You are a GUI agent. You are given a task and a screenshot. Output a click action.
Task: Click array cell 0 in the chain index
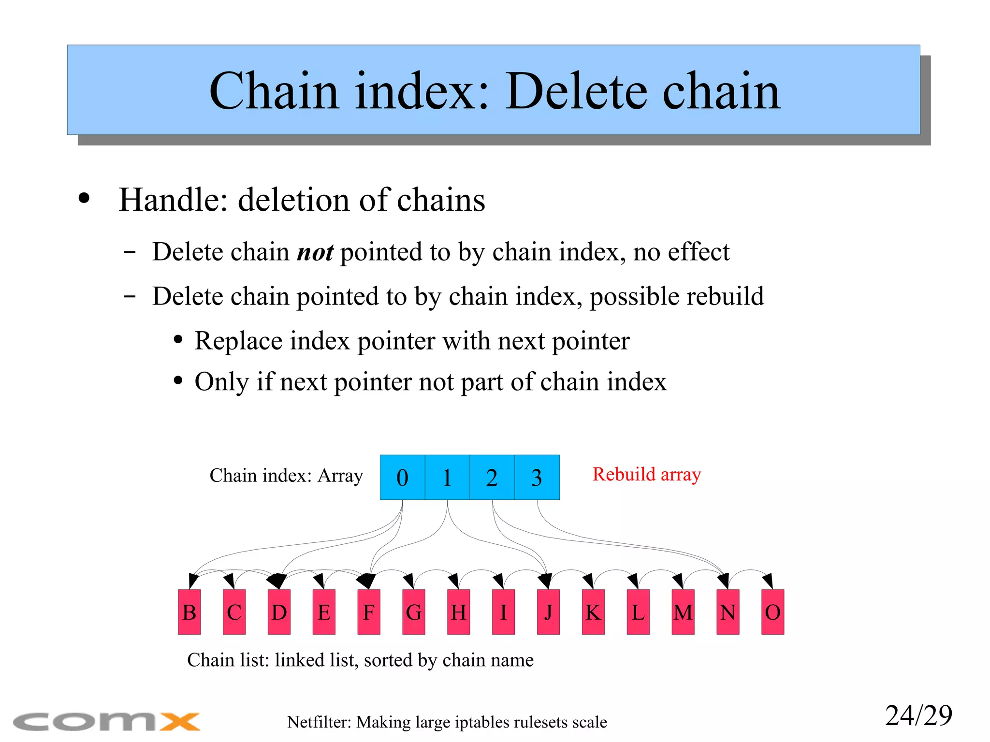(402, 477)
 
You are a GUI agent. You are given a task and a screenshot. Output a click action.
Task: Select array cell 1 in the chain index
(447, 477)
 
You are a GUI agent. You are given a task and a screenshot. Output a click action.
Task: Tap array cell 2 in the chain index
(492, 477)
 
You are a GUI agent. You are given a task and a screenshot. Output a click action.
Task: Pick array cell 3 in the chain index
(537, 477)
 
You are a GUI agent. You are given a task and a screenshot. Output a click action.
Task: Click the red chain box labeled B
(189, 612)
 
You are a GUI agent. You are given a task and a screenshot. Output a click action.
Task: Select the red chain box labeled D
(279, 612)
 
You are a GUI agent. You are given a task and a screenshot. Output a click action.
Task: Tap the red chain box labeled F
(369, 612)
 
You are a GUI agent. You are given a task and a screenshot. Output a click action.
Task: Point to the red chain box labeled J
(548, 612)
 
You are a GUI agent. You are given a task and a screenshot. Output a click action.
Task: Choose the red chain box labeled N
(728, 612)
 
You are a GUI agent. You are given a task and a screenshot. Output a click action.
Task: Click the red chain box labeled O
(772, 612)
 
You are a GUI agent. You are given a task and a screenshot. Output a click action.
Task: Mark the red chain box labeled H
(458, 612)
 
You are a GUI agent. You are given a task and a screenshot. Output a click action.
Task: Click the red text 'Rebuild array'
(646, 474)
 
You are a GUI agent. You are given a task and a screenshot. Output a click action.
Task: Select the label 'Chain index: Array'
(286, 476)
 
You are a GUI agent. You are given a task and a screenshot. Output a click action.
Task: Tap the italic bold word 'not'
(315, 252)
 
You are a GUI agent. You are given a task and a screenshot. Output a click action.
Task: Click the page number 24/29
(918, 715)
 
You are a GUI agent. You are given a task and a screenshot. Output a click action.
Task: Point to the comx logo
(106, 722)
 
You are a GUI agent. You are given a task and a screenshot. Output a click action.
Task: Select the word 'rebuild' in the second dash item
(725, 296)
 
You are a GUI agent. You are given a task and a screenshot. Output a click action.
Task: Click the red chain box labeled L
(638, 612)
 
